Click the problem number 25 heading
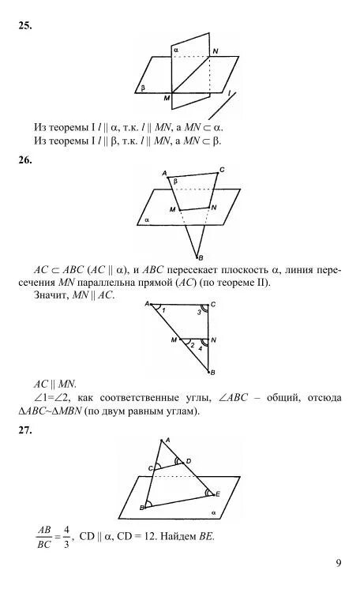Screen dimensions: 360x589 click(24, 26)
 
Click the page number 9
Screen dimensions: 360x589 click(338, 563)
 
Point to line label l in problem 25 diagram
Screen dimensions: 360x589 click(229, 93)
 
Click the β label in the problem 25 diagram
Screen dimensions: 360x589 click(143, 88)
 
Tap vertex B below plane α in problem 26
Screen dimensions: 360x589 click(199, 258)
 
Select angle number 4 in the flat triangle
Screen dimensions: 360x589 click(201, 348)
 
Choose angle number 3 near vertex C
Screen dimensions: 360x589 click(200, 314)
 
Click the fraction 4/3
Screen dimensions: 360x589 click(65, 537)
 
